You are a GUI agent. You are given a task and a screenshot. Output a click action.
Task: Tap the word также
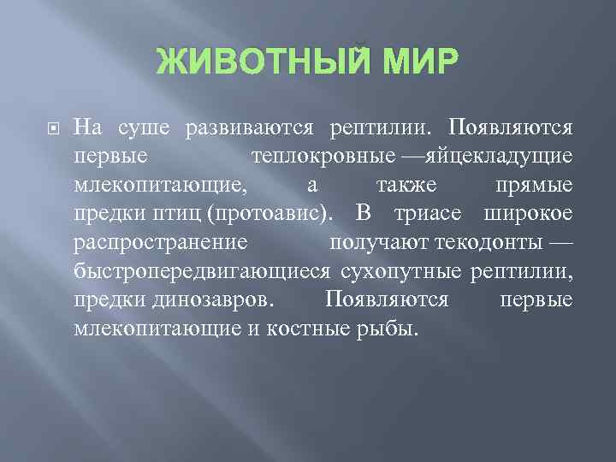pos(401,186)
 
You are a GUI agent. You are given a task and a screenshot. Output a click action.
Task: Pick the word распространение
pos(160,243)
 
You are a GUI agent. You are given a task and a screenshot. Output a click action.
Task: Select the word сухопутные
pos(402,271)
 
